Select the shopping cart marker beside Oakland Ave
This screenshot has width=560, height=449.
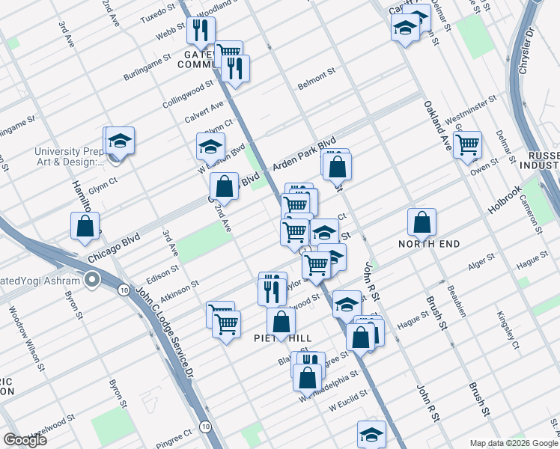(x=467, y=144)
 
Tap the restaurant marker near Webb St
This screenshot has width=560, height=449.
(x=201, y=31)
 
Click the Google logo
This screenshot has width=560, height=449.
(x=25, y=439)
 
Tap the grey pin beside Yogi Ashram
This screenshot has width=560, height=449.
(x=92, y=281)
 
